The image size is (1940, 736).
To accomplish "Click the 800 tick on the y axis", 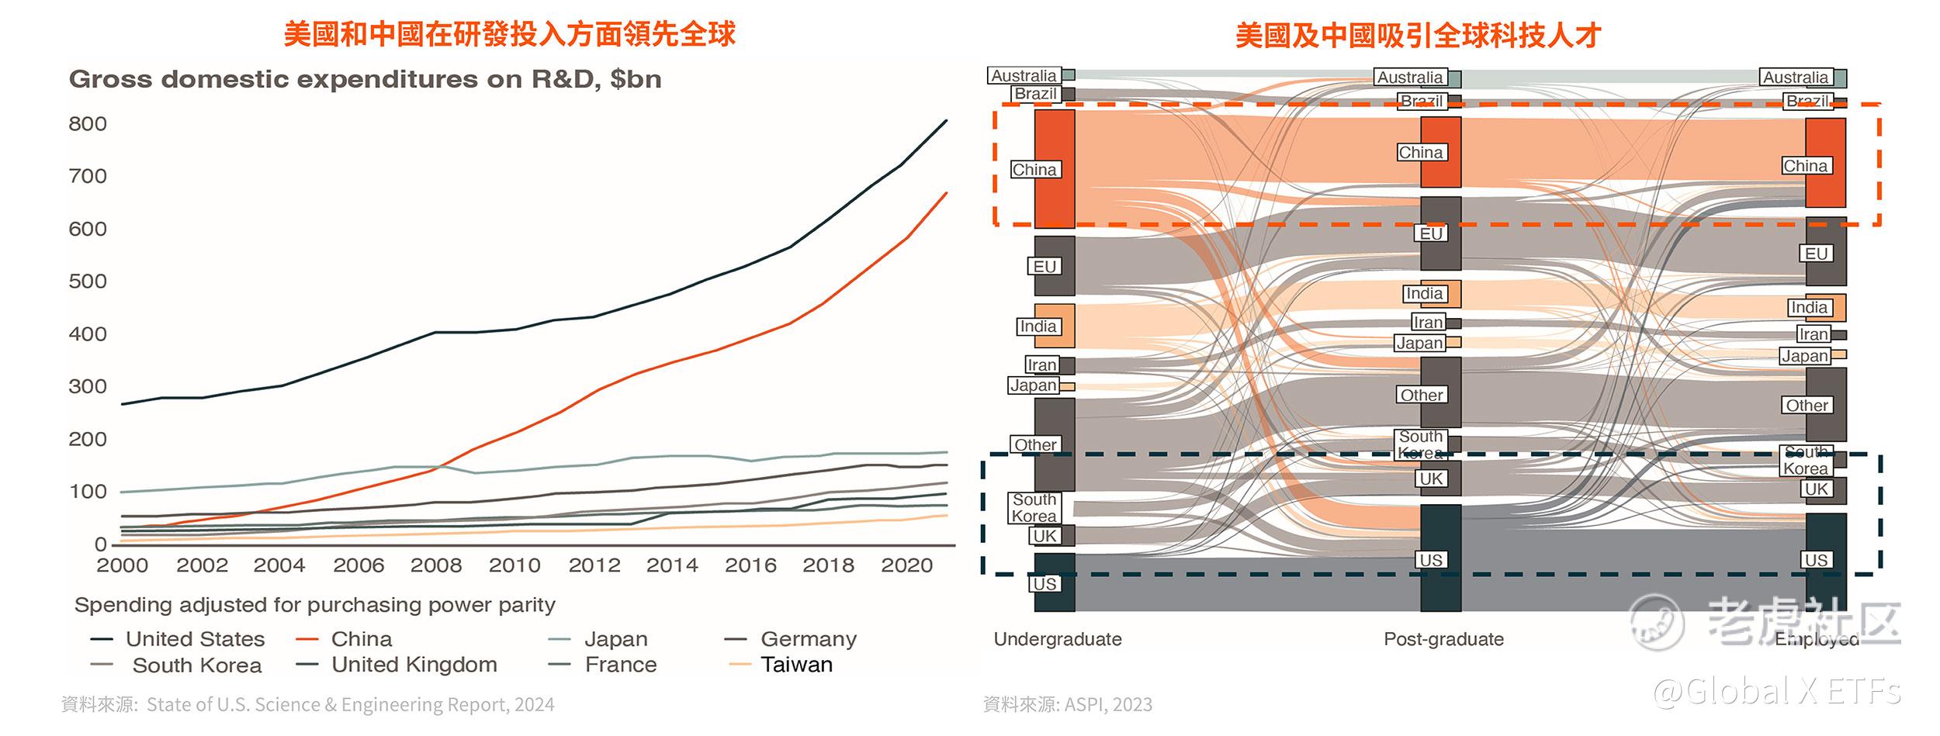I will click(88, 124).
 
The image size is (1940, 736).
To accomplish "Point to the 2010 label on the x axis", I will click(514, 565).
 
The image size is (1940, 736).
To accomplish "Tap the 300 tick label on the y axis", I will click(88, 386).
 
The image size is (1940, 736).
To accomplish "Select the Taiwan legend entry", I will click(796, 665).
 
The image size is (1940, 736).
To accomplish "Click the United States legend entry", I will click(195, 639).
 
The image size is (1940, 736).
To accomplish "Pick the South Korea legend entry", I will click(196, 665).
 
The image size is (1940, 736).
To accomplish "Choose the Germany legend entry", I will click(808, 639).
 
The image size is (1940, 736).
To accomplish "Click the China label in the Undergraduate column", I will click(1034, 170).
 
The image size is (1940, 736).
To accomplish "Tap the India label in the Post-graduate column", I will click(1424, 294).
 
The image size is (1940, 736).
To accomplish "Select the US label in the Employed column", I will click(1816, 560).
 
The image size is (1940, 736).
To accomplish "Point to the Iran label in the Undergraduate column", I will click(1041, 365).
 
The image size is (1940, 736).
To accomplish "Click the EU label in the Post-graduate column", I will click(1431, 233).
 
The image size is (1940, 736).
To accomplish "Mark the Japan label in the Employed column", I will click(1804, 356).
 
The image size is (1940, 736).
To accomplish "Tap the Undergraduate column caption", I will click(1058, 639).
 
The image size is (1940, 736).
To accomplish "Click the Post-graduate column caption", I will click(1443, 639).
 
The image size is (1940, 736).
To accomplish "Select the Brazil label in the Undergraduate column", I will click(1035, 94).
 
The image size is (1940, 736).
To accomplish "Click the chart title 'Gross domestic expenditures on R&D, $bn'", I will click(365, 79).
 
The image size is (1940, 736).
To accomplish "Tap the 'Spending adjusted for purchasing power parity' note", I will click(314, 605).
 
